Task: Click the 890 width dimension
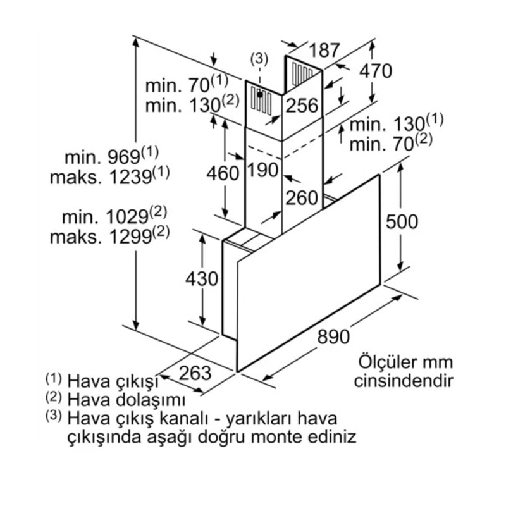pyautogui.click(x=333, y=336)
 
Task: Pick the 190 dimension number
pyautogui.click(x=262, y=170)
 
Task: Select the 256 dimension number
pyautogui.click(x=302, y=106)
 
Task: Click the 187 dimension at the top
pyautogui.click(x=324, y=50)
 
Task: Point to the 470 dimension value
pyautogui.click(x=376, y=71)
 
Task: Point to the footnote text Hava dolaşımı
pyautogui.click(x=126, y=400)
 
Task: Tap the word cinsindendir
pyautogui.click(x=404, y=381)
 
